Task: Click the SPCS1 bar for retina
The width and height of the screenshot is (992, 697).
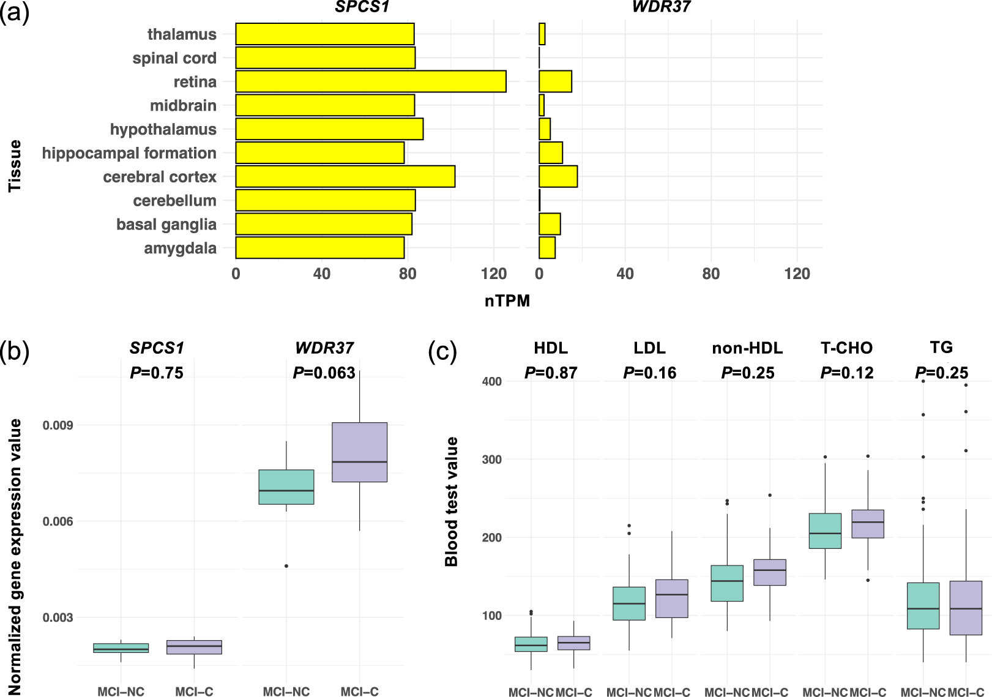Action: tap(371, 81)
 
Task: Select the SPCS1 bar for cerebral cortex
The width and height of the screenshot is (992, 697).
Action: tap(345, 177)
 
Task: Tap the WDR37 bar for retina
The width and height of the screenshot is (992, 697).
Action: tap(555, 81)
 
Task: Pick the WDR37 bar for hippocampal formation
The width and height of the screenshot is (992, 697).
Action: tap(551, 153)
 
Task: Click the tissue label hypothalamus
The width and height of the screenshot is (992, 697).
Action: tap(163, 130)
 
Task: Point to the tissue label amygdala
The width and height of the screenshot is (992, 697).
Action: tap(181, 248)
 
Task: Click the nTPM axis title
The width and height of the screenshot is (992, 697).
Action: tap(507, 301)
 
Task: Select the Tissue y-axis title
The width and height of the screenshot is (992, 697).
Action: tap(15, 166)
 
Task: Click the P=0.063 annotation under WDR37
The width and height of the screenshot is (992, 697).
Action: tap(324, 373)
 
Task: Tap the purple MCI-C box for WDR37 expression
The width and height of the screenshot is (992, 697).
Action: tap(359, 452)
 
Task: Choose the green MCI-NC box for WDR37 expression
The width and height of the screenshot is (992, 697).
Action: tap(286, 486)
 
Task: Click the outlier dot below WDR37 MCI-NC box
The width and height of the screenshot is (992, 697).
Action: tap(286, 566)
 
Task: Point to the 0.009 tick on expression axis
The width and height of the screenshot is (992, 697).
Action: tap(58, 425)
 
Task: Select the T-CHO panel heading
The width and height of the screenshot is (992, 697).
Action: tap(846, 348)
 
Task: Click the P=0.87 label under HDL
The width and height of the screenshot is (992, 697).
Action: tap(551, 373)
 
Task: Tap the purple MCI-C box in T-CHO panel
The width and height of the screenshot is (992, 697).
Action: tap(868, 524)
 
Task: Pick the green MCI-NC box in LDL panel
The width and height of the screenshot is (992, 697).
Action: tap(629, 603)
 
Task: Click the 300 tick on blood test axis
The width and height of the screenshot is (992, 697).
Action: tap(491, 460)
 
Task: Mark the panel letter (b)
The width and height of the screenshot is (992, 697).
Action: tap(15, 352)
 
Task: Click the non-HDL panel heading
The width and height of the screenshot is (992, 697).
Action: tap(747, 348)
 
